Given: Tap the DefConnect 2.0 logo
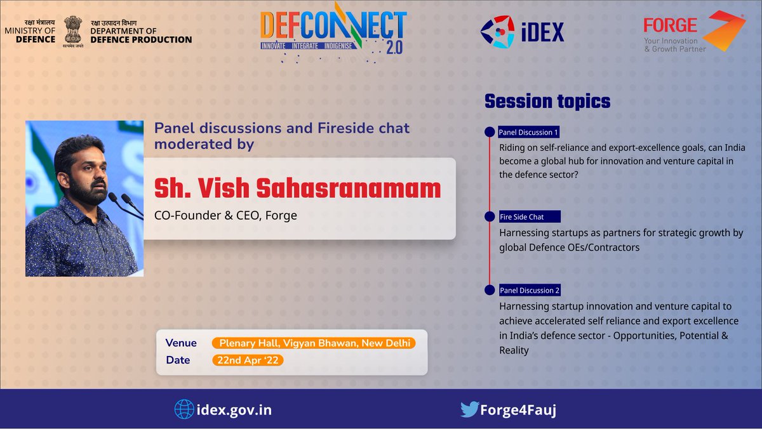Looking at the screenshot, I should tap(333, 32).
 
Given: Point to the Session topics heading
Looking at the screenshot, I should tap(547, 101).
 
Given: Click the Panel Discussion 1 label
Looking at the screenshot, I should tap(528, 133).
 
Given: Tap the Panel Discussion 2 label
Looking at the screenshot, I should tap(530, 290).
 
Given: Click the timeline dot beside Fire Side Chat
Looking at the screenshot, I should tap(490, 217).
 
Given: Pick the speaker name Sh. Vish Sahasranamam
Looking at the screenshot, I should tap(298, 188).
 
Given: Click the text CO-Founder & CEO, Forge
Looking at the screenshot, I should tap(225, 215).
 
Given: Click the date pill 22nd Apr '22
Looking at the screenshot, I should tap(248, 360).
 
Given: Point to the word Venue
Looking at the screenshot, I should tap(181, 343).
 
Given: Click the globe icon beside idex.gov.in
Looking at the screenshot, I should tap(184, 409).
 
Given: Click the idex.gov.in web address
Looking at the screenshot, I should tap(234, 409).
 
